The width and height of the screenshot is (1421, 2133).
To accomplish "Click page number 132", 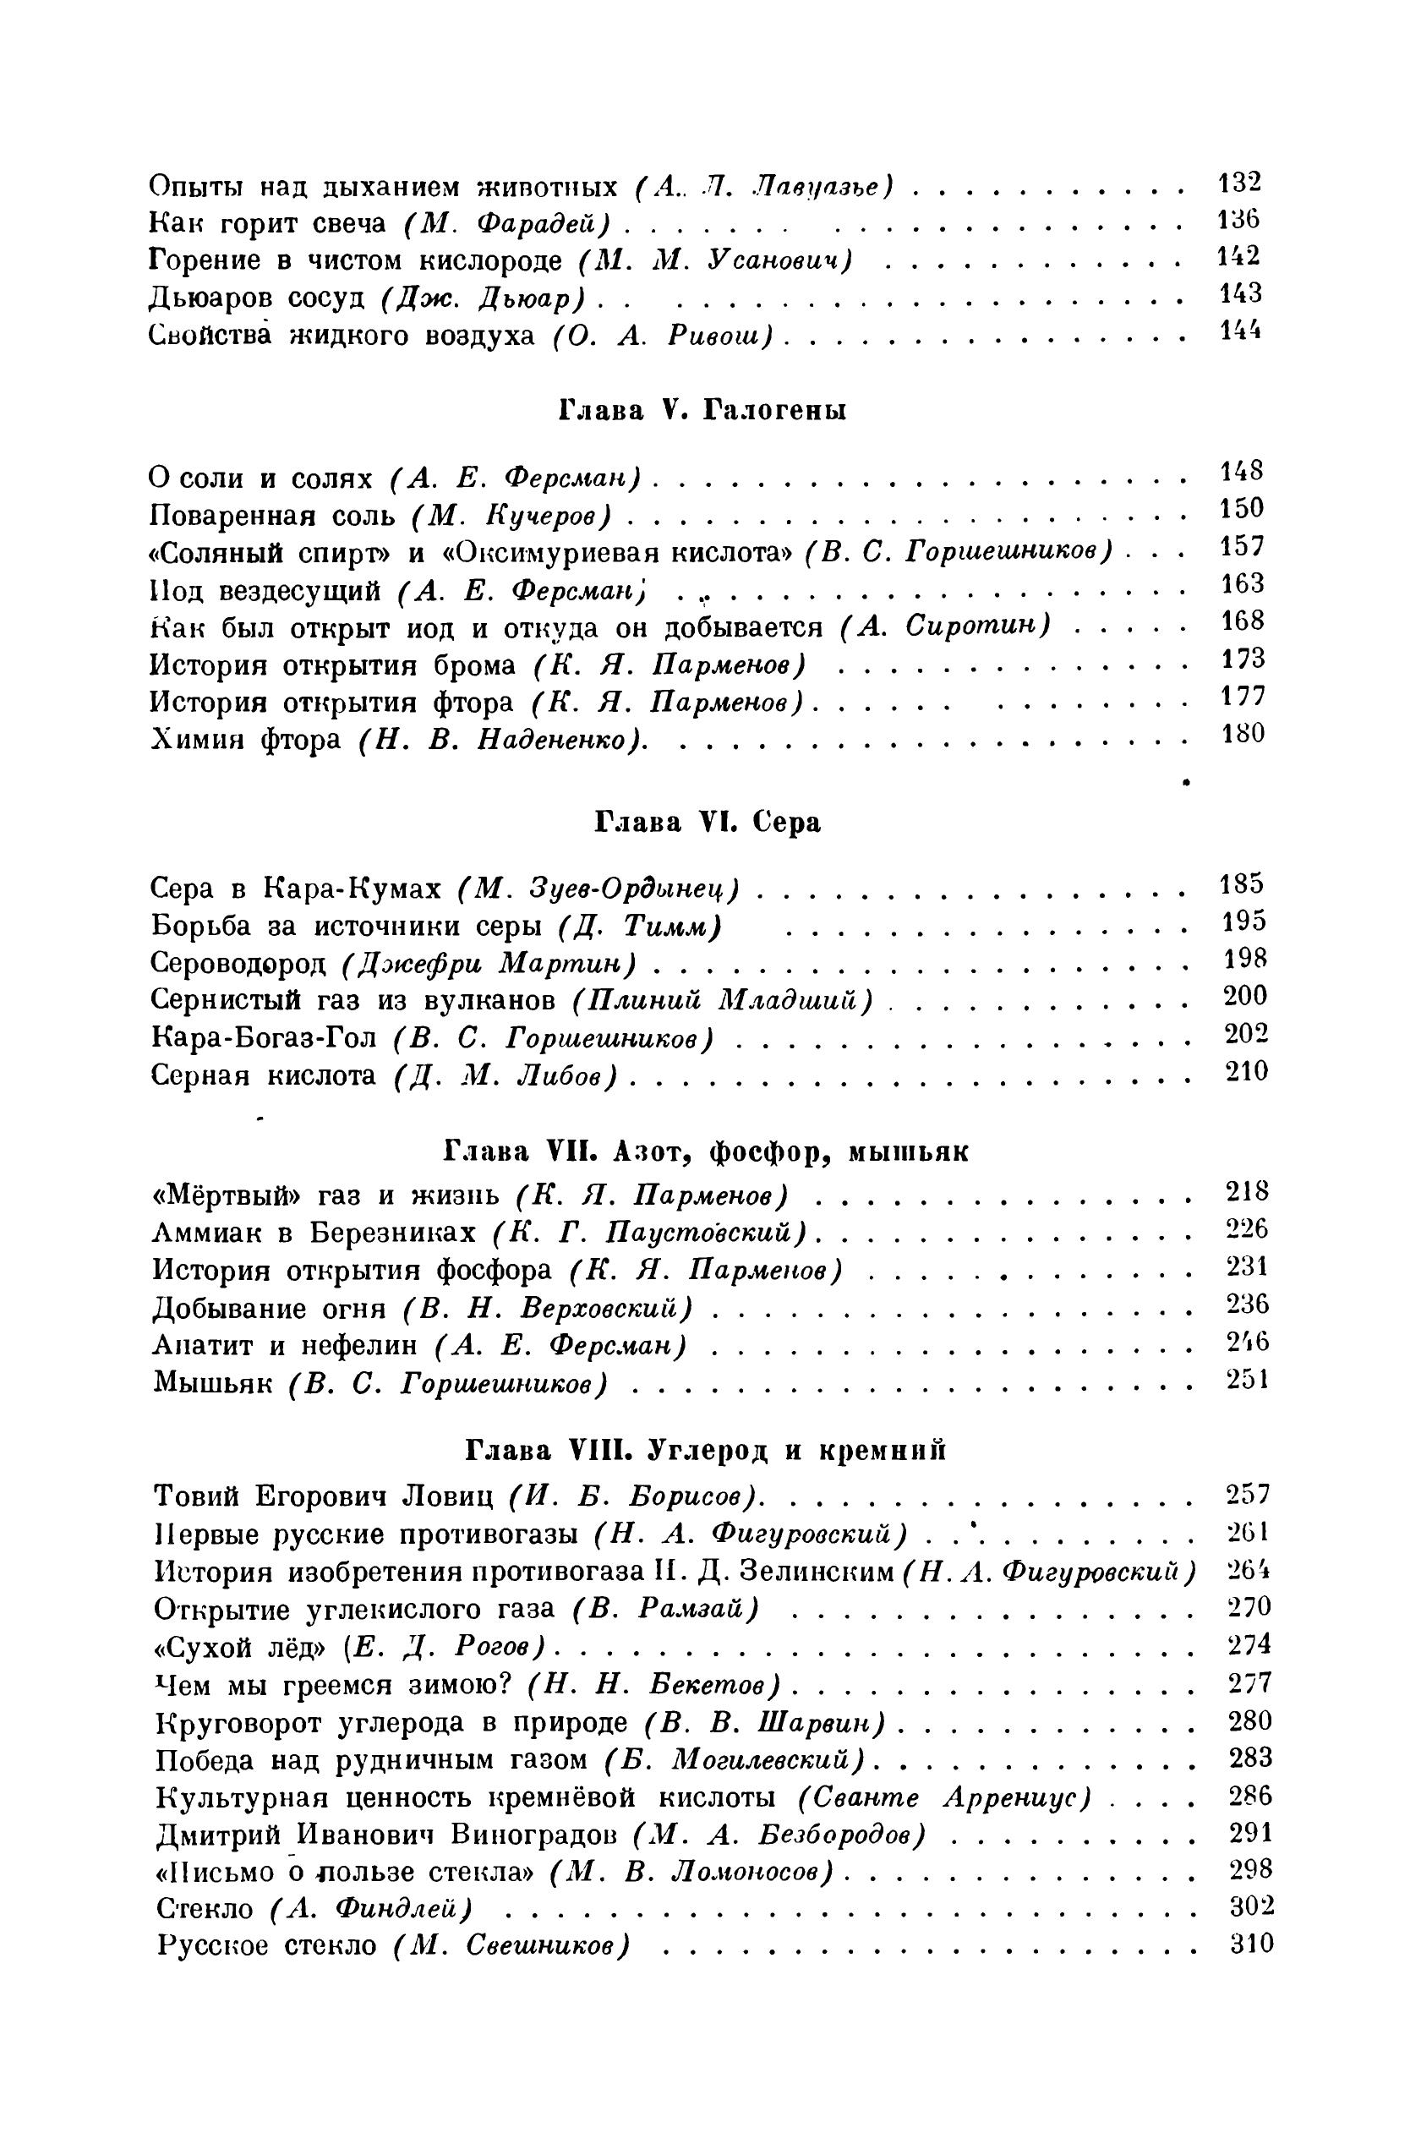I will (x=1239, y=182).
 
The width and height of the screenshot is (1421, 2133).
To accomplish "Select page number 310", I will (x=1252, y=1944).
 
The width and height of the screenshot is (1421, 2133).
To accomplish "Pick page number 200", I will (x=1245, y=997).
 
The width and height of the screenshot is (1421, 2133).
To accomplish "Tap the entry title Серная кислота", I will (x=263, y=1075).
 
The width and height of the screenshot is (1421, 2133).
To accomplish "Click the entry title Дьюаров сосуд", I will (x=256, y=298).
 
